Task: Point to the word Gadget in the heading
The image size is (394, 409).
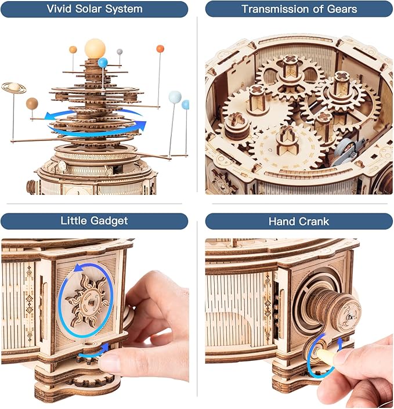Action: click(x=111, y=221)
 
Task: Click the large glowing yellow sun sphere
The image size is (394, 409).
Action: click(x=95, y=49)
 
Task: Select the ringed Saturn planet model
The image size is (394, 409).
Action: click(x=13, y=88)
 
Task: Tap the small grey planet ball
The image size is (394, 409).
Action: click(x=120, y=52)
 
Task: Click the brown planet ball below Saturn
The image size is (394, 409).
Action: click(x=32, y=103)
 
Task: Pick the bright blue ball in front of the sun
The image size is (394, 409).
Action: click(x=103, y=63)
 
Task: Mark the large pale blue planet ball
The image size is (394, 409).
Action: click(x=175, y=97)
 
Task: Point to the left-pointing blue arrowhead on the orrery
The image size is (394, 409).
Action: click(x=51, y=115)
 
